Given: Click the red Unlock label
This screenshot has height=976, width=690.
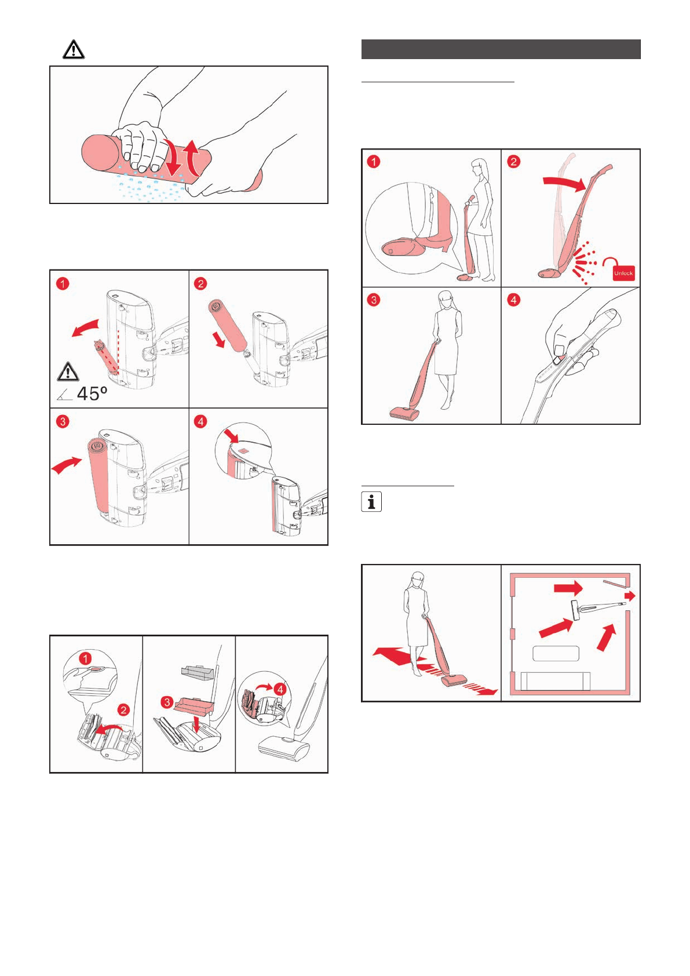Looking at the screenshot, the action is click(x=623, y=272).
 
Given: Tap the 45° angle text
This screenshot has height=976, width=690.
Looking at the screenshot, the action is click(x=92, y=394).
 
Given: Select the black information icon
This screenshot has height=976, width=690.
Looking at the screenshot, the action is click(x=371, y=501).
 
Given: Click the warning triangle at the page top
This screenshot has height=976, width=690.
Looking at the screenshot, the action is click(x=74, y=50).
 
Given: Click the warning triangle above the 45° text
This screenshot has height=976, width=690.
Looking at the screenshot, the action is click(x=68, y=371).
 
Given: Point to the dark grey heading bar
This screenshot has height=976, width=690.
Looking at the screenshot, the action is click(x=501, y=49).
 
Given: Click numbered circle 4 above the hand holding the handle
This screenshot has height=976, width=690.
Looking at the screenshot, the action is click(x=514, y=300).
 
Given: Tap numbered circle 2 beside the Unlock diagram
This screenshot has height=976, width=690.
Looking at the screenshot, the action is click(x=514, y=161).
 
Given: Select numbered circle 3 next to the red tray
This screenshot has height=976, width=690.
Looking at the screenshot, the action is click(x=167, y=702).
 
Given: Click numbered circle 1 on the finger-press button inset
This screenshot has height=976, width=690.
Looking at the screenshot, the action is click(x=86, y=659).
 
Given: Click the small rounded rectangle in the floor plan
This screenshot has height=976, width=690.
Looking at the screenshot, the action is click(x=556, y=653).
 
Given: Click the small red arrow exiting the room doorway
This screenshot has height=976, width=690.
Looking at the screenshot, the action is click(x=630, y=596).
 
